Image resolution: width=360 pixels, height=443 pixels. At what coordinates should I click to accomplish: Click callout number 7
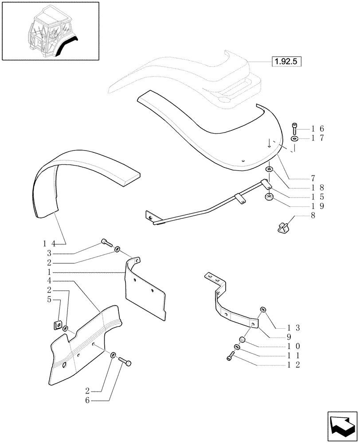coord(313,178)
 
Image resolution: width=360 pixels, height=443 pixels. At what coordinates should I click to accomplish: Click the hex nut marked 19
coord(269,198)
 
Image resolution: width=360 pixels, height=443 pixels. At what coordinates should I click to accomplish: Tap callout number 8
coord(313,216)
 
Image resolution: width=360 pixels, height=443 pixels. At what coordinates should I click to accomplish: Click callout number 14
coord(49,243)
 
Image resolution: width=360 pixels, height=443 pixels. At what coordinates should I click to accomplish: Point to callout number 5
coord(49,300)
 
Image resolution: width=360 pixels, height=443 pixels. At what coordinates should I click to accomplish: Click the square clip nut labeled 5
coord(56,326)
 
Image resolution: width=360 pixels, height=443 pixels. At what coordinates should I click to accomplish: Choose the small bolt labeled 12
coord(231,355)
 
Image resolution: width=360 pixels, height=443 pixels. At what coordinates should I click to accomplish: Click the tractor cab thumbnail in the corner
coord(50,31)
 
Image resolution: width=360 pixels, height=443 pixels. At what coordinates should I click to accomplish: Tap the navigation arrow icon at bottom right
coord(342,425)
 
